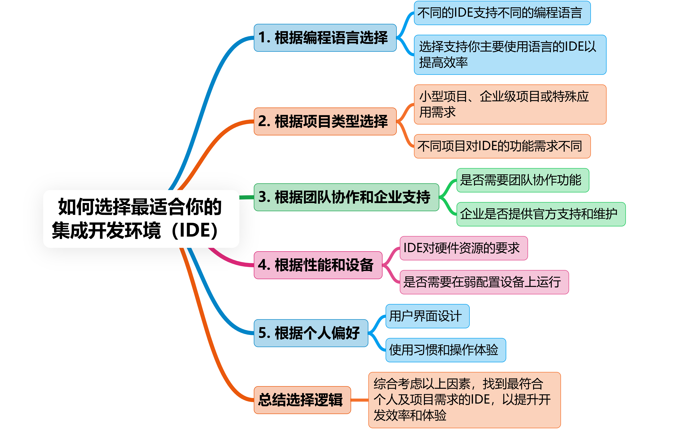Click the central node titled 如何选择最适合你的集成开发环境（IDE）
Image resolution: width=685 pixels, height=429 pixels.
[141, 219]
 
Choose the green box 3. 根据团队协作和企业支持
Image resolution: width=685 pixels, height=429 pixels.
[347, 197]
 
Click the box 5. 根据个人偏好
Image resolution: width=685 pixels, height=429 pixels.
[311, 333]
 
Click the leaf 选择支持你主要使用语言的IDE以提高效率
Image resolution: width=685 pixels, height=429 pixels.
[510, 55]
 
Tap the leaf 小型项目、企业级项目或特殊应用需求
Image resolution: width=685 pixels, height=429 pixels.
[510, 104]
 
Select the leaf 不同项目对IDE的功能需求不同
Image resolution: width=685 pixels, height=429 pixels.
[502, 146]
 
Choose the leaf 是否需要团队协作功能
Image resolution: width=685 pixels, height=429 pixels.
[523, 180]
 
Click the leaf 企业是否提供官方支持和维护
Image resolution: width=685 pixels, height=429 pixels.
[541, 214]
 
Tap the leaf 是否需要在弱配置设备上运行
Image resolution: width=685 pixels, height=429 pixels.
[484, 282]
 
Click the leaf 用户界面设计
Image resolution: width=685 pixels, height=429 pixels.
[428, 316]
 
